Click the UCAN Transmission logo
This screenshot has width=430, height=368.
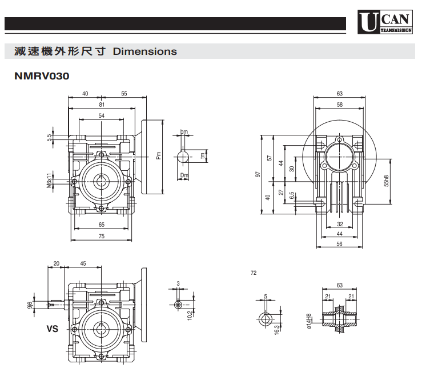click(386, 23)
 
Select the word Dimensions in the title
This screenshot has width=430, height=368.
click(145, 51)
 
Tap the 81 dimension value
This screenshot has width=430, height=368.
click(102, 105)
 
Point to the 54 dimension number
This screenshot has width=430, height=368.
click(102, 116)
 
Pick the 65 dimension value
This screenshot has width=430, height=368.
click(102, 225)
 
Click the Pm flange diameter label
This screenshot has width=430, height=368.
click(158, 155)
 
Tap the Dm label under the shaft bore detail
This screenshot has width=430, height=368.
click(184, 175)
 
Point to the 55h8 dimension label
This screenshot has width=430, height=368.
click(387, 180)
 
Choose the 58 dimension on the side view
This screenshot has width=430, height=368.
click(340, 105)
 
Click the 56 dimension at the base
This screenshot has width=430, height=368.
click(339, 245)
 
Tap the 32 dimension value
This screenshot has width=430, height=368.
click(339, 224)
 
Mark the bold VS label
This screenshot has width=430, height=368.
click(53, 330)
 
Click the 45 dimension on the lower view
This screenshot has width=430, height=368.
click(83, 263)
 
